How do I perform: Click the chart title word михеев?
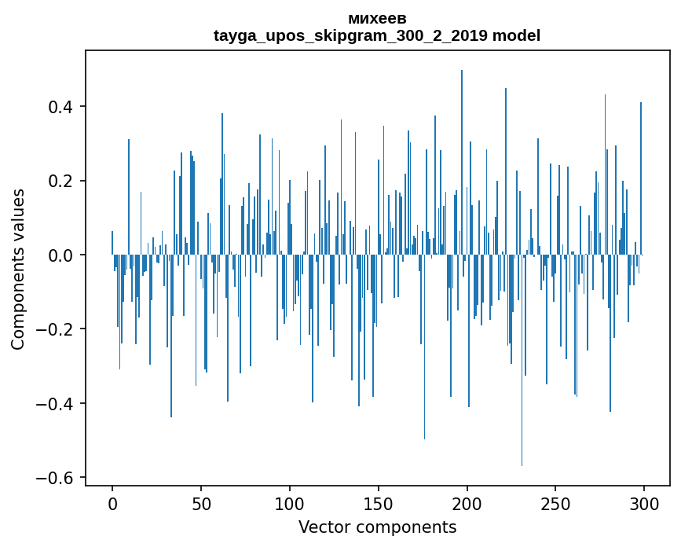377,18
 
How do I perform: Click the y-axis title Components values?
18,269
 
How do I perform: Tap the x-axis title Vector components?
377,527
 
